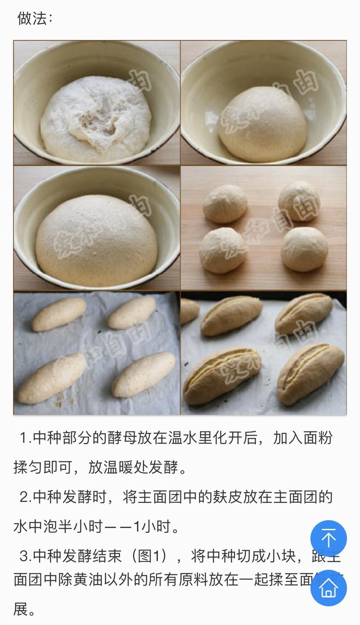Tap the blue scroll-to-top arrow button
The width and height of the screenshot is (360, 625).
click(x=328, y=538)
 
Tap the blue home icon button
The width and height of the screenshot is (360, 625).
click(x=328, y=588)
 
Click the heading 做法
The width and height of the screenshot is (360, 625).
click(x=35, y=19)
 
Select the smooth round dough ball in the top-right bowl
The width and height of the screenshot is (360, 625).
click(x=262, y=124)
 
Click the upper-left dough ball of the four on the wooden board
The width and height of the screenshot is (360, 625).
click(x=225, y=204)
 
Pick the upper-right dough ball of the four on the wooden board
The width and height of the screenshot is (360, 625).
click(x=299, y=201)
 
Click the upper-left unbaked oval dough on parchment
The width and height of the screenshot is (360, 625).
click(x=59, y=314)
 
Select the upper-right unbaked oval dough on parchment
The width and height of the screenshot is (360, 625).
click(x=131, y=313)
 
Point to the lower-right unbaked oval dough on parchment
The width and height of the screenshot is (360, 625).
click(x=143, y=374)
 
